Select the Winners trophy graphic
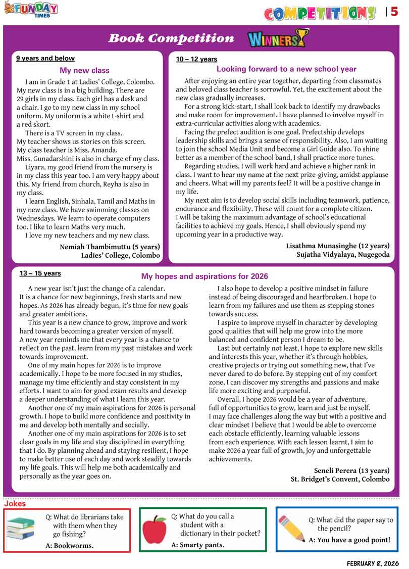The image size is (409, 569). (x=277, y=38)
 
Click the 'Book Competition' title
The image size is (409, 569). (x=171, y=38)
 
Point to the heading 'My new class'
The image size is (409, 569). (x=84, y=71)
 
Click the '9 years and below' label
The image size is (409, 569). (x=45, y=59)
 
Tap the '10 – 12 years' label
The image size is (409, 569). (x=196, y=59)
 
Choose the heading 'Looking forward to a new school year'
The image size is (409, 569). (x=286, y=69)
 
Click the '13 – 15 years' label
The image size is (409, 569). (x=40, y=273)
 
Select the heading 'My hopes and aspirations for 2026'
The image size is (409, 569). (x=205, y=276)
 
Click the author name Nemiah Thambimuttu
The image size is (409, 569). (x=110, y=247)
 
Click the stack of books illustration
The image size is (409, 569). (x=21, y=529)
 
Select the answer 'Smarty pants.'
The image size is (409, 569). (x=198, y=545)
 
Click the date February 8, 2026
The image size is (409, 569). (x=373, y=563)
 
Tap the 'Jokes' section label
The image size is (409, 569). (x=15, y=504)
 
